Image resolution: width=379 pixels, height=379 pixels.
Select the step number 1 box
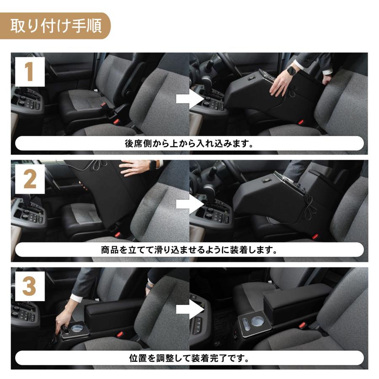click(29, 72)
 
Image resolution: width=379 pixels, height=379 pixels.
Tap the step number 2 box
click(29, 180)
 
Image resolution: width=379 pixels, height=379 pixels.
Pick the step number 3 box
click(29, 286)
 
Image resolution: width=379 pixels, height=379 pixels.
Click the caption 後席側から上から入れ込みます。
click(189, 144)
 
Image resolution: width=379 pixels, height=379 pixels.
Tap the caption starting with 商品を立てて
click(189, 250)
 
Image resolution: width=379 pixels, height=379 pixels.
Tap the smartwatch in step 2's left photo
click(153, 165)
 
